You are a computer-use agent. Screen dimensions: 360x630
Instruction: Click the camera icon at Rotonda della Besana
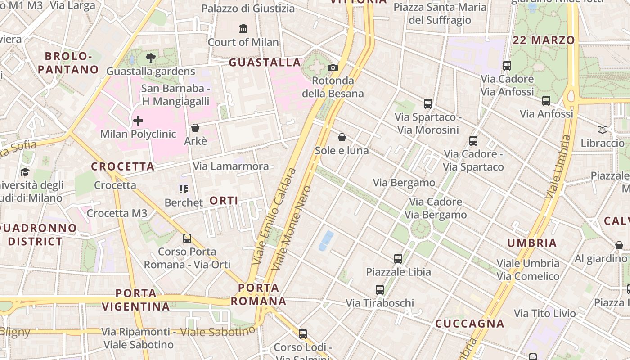[333, 67]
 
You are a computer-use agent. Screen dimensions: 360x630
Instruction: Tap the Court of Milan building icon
[243, 29]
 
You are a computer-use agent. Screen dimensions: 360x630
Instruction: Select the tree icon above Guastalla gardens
[151, 58]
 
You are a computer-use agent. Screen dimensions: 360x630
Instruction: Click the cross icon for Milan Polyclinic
[138, 121]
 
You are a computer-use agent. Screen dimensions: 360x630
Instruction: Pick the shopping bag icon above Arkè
[195, 128]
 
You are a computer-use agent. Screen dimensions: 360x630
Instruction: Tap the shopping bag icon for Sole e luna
[342, 137]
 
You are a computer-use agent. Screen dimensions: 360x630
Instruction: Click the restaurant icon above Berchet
[183, 189]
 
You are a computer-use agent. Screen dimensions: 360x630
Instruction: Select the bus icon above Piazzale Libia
[398, 259]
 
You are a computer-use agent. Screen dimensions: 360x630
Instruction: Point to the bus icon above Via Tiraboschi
[380, 290]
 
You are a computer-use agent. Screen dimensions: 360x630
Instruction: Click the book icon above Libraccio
[603, 130]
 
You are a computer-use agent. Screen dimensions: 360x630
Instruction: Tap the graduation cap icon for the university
[25, 172]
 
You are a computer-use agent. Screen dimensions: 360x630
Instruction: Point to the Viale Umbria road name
[558, 167]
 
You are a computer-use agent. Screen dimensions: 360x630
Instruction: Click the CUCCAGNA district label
[469, 324]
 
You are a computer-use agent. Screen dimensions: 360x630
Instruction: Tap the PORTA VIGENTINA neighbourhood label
[135, 300]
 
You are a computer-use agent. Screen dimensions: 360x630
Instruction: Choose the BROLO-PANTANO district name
[68, 63]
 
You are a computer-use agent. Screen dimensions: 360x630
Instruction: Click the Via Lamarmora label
[231, 166]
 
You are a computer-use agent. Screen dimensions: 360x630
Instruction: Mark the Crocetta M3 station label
[117, 213]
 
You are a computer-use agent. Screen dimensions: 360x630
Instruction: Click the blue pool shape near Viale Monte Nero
[326, 240]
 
